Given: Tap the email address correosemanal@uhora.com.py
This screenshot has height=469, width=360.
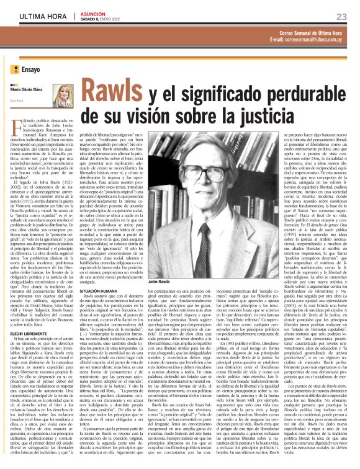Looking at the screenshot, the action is point(308,39).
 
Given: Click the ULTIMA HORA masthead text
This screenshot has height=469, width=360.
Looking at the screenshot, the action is point(40,16).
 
